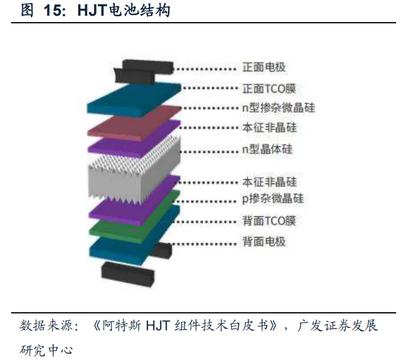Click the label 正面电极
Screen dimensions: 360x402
tap(264, 68)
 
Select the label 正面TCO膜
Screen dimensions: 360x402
tap(269, 89)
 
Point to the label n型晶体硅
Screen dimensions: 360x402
tap(267, 149)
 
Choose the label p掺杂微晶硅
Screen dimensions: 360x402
tap(272, 199)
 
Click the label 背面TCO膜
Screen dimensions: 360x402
tap(269, 221)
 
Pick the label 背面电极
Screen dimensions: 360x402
tap(264, 241)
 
